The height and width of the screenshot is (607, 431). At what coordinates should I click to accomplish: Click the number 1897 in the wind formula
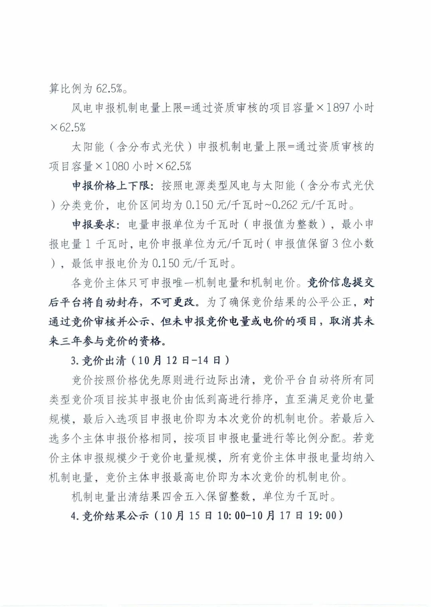coord(339,108)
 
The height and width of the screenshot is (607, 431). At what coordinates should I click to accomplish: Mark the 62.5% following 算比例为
coord(109,89)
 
